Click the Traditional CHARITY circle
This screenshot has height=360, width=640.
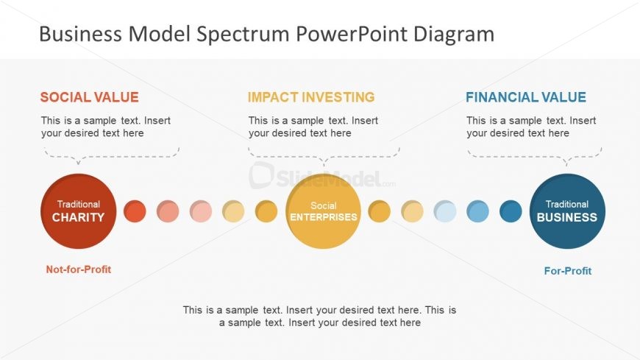(79, 211)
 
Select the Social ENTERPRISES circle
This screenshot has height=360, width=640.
(323, 211)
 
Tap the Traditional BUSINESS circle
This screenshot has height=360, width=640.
(567, 211)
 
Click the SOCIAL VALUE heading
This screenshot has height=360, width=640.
(90, 97)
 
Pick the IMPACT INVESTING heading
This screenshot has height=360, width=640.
(311, 97)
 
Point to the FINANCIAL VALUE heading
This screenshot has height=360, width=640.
(526, 97)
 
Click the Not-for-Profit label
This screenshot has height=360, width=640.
(79, 269)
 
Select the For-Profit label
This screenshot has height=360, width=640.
(568, 271)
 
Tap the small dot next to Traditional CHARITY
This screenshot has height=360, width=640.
(135, 211)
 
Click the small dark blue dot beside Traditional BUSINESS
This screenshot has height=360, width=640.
(511, 211)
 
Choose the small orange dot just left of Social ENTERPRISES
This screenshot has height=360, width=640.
(266, 211)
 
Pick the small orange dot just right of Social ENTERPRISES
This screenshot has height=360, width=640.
(379, 211)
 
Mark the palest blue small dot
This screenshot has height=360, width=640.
(445, 211)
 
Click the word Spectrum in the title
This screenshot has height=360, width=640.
(243, 34)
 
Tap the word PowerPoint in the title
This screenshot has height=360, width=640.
(352, 33)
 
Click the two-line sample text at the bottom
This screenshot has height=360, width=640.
(319, 317)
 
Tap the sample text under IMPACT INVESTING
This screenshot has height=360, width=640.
(313, 127)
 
